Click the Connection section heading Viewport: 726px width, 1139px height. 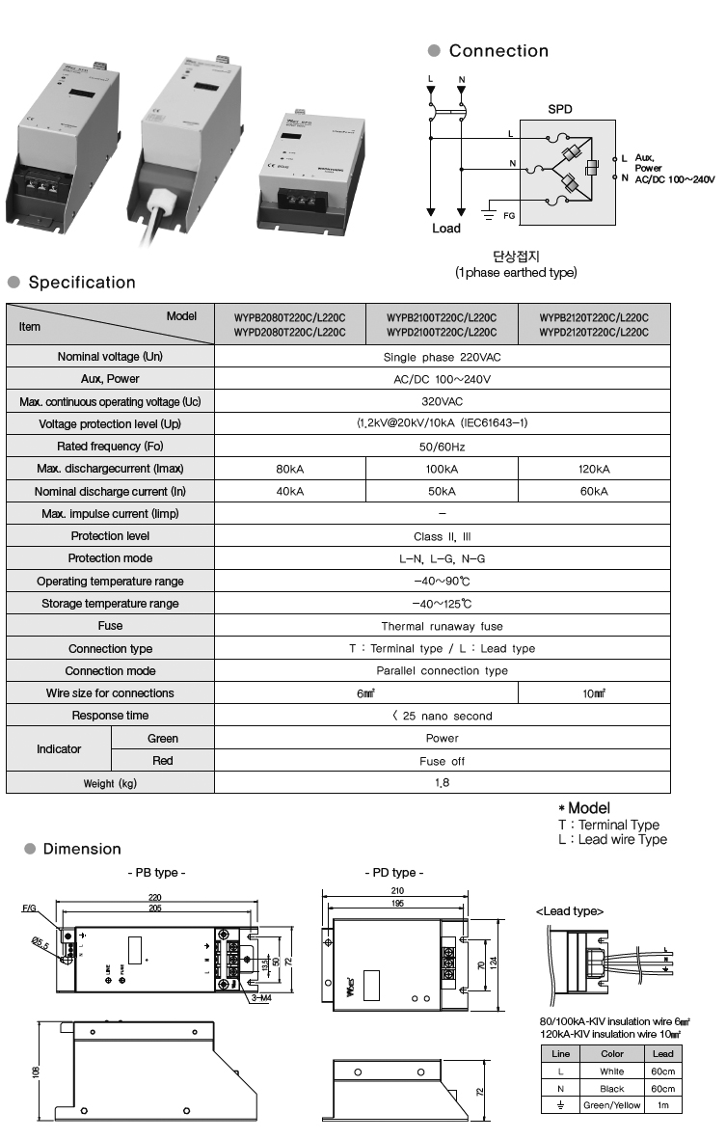click(497, 51)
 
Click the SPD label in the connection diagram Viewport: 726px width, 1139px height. click(560, 109)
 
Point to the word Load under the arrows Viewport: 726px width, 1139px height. click(446, 229)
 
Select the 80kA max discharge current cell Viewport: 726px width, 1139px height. click(289, 469)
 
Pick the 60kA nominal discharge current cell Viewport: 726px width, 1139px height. click(594, 491)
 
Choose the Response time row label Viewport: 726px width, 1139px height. click(110, 716)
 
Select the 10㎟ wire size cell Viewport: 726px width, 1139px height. click(594, 693)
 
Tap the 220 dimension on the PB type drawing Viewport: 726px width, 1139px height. click(154, 897)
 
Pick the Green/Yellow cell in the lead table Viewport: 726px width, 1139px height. click(611, 1105)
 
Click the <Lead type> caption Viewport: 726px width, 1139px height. click(570, 910)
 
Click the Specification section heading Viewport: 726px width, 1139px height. click(82, 283)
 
